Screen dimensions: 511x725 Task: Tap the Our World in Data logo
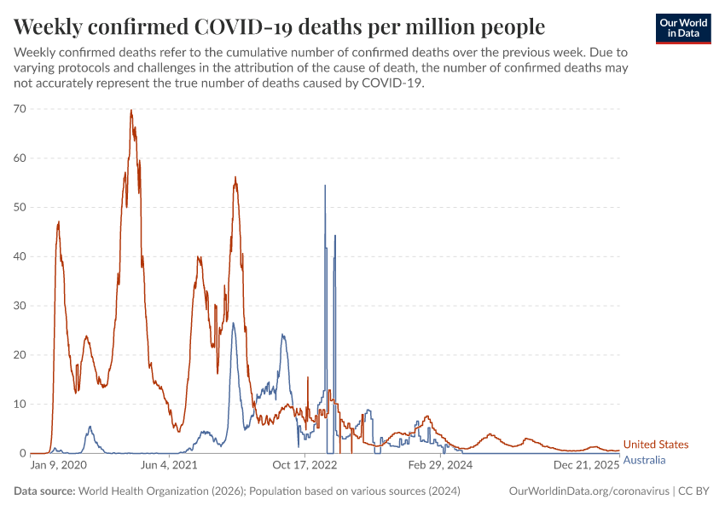(683, 28)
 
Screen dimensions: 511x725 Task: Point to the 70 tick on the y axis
(20, 109)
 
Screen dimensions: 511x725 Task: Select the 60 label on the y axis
(20, 158)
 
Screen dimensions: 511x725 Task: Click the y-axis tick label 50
(20, 207)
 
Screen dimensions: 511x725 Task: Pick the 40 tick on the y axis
(20, 256)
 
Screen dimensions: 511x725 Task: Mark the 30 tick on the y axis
(20, 306)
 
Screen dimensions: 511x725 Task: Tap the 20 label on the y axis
(20, 355)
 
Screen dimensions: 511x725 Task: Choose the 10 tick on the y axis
(20, 404)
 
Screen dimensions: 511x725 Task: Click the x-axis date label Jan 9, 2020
(58, 466)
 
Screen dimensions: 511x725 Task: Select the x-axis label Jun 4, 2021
(168, 466)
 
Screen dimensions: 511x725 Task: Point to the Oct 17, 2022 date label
(305, 466)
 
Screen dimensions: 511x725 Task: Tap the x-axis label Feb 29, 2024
(440, 466)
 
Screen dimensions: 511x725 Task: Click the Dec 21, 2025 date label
(588, 466)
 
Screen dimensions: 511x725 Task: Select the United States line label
(655, 445)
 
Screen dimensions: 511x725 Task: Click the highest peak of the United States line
(131, 110)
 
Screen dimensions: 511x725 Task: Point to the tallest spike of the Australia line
(325, 186)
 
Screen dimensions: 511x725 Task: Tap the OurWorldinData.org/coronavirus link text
(588, 491)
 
